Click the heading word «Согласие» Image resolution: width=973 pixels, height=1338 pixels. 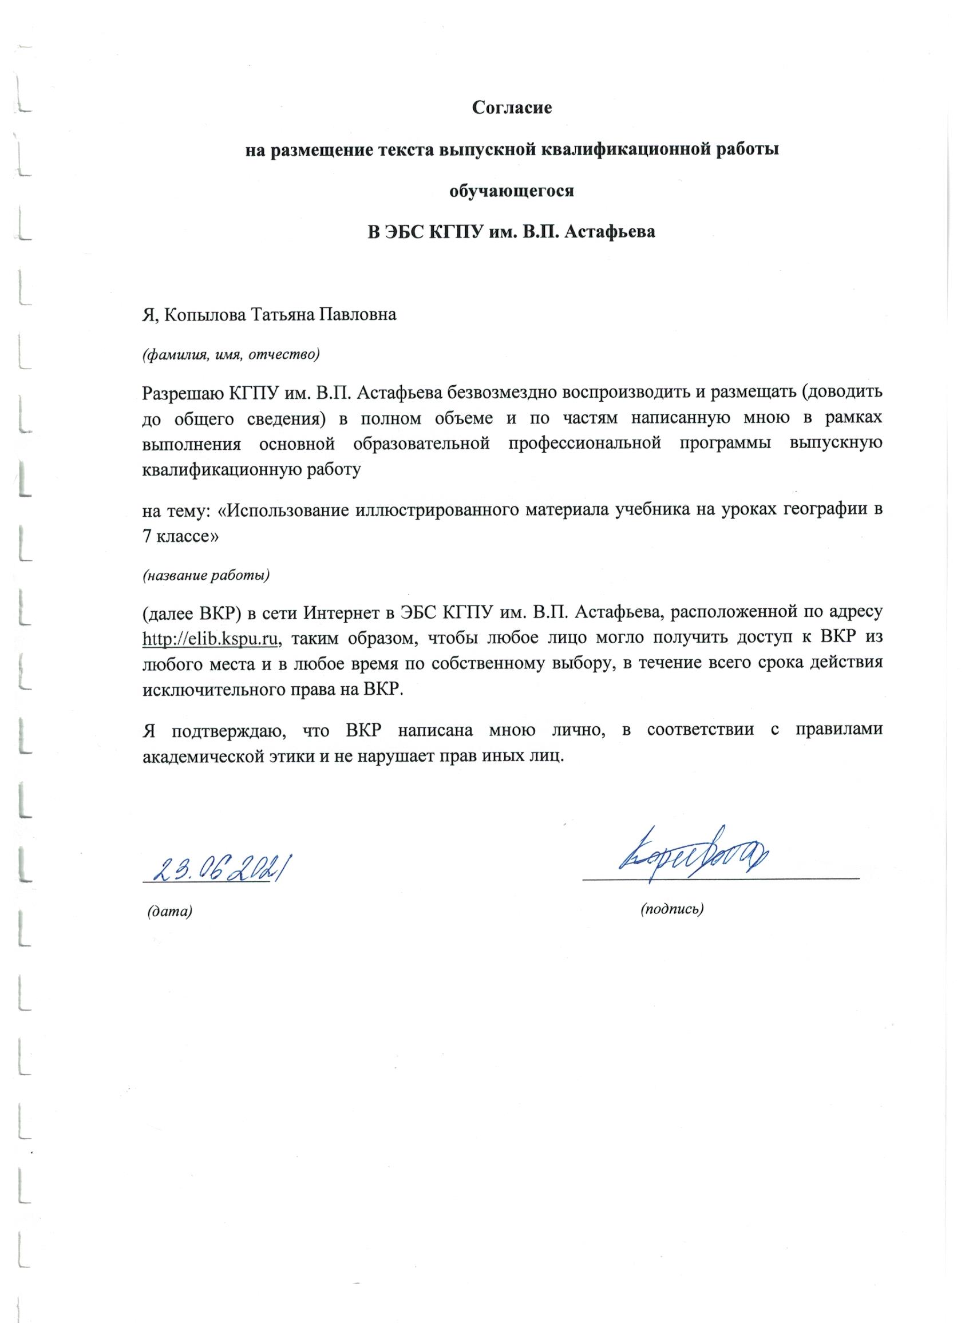tap(512, 109)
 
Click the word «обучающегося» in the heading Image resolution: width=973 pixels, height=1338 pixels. tap(512, 192)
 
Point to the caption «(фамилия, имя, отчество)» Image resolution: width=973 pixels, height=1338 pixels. tap(231, 354)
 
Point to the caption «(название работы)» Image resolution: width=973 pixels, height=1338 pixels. tap(206, 575)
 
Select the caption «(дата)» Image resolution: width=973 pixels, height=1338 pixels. tap(170, 912)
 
